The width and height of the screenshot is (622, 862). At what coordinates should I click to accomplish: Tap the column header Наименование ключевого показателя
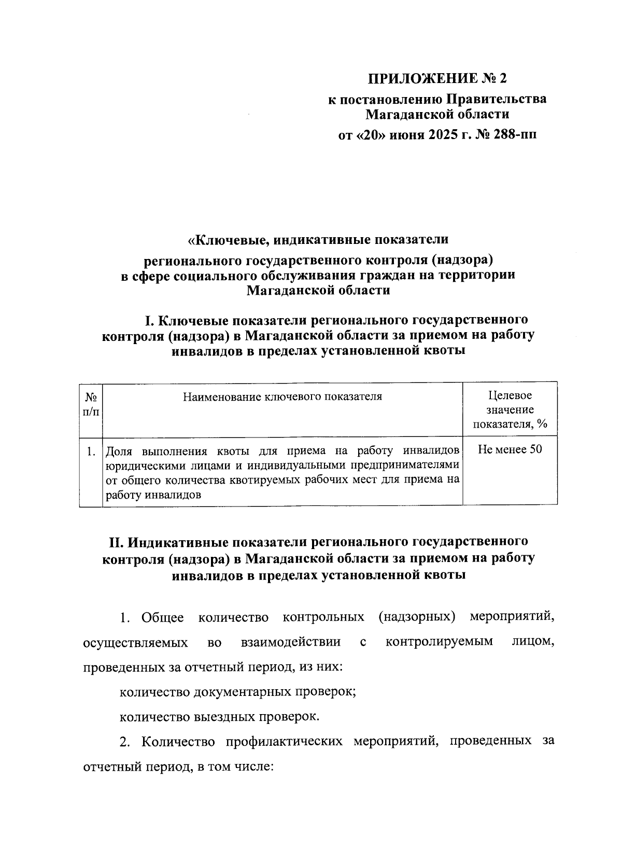(x=282, y=397)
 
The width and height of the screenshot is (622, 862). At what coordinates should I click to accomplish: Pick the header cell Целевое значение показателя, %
(x=510, y=410)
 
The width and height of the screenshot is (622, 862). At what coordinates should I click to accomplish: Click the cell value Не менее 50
(x=510, y=449)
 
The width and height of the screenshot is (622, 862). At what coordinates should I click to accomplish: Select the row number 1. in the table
(x=91, y=451)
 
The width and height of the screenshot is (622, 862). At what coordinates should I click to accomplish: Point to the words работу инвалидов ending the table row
(x=153, y=495)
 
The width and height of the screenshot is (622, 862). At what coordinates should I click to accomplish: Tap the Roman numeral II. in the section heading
(x=115, y=542)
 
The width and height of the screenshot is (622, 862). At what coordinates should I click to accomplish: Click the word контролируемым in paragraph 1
(x=440, y=642)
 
